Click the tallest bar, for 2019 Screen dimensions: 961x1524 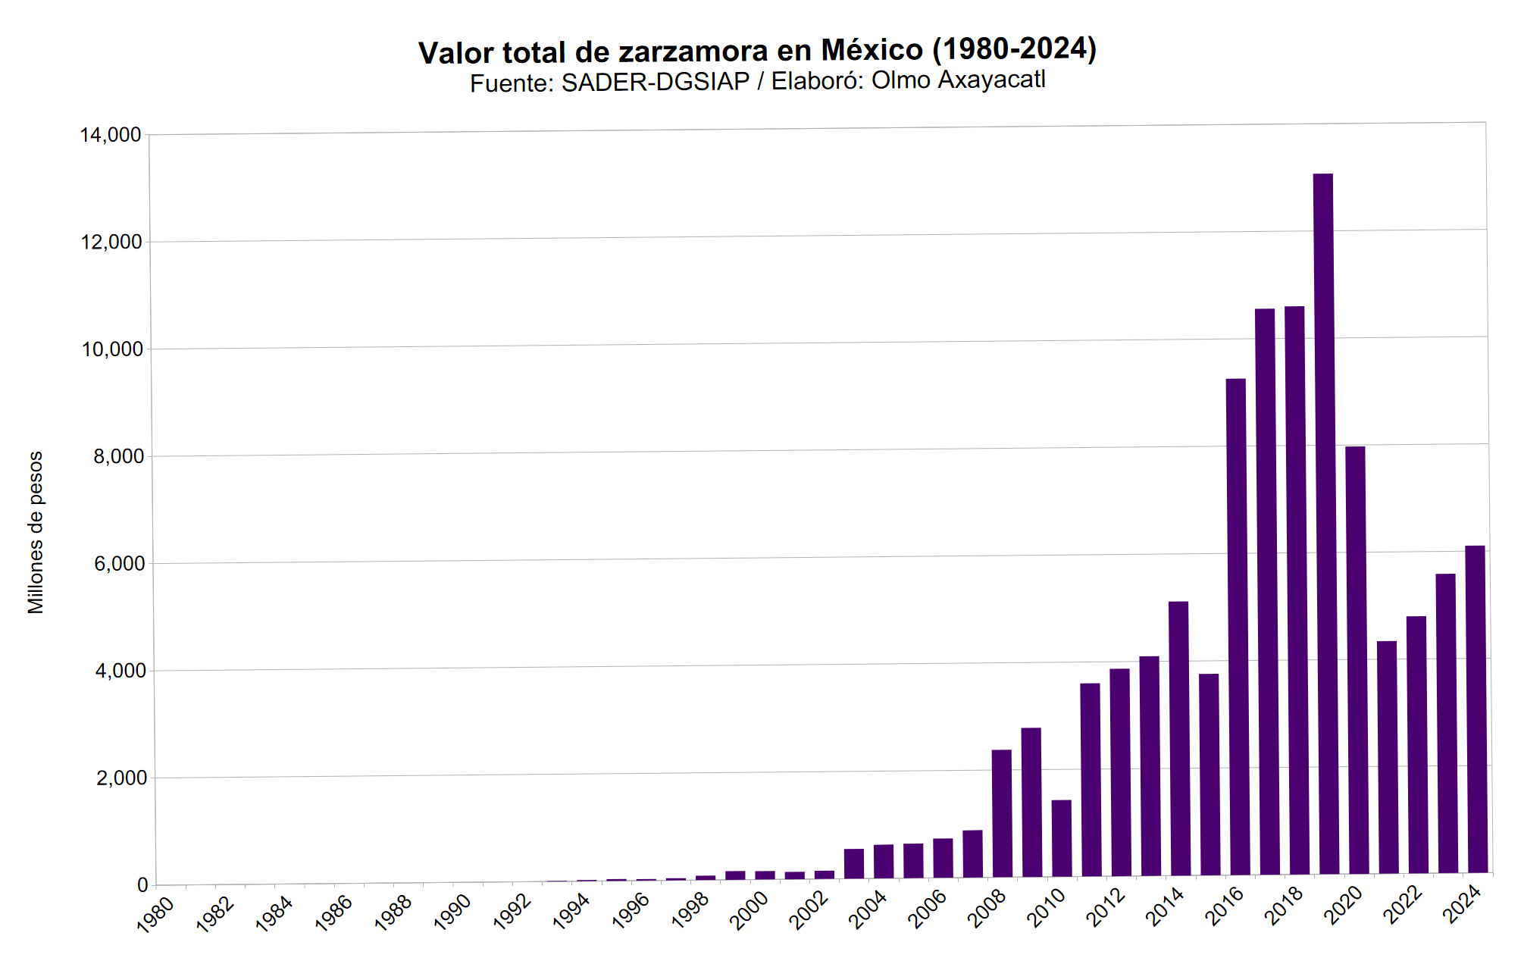[1324, 523]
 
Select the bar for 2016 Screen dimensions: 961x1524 [1236, 625]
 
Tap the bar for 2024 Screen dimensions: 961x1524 [1475, 709]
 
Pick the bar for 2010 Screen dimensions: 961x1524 [1062, 837]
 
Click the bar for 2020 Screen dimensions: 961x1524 [1356, 659]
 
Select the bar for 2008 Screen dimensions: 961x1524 [1002, 812]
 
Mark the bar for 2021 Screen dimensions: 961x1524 [1387, 756]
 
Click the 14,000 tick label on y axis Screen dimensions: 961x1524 [111, 135]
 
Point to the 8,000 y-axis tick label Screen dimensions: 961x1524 [118, 456]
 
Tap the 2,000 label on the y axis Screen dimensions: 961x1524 [121, 778]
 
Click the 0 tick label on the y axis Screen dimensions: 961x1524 [142, 884]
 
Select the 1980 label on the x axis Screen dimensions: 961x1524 [156, 913]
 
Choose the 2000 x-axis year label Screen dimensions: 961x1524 [749, 909]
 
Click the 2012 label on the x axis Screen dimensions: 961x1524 [1106, 907]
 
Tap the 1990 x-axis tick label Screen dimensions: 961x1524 [453, 912]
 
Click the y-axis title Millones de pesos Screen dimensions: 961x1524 [36, 532]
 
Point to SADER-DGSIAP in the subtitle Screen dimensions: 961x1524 [655, 82]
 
